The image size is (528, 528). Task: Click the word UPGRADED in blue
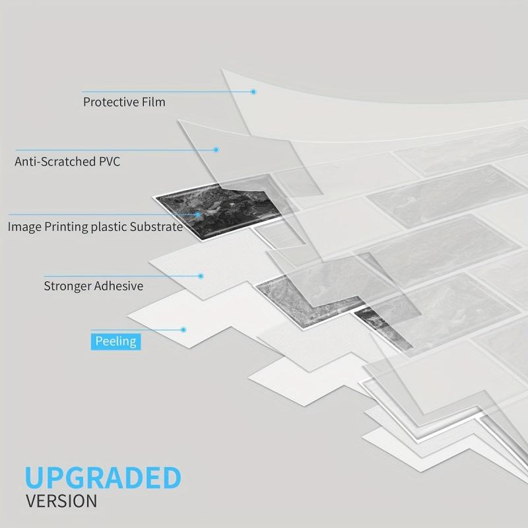point(103,477)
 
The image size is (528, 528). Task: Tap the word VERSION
point(61,501)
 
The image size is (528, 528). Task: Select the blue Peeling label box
point(116,341)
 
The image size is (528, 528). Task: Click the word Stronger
point(67,286)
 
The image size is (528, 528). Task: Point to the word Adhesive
point(119,286)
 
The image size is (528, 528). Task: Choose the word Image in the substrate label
point(24,227)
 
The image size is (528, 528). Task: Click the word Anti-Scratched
point(55,162)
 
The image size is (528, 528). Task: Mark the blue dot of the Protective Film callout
point(253,92)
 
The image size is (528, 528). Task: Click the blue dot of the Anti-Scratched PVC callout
point(216,150)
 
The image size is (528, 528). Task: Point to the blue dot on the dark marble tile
point(197,214)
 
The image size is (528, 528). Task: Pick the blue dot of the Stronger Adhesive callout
point(201,276)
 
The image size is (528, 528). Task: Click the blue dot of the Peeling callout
point(183,329)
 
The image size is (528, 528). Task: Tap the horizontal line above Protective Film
point(168,92)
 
